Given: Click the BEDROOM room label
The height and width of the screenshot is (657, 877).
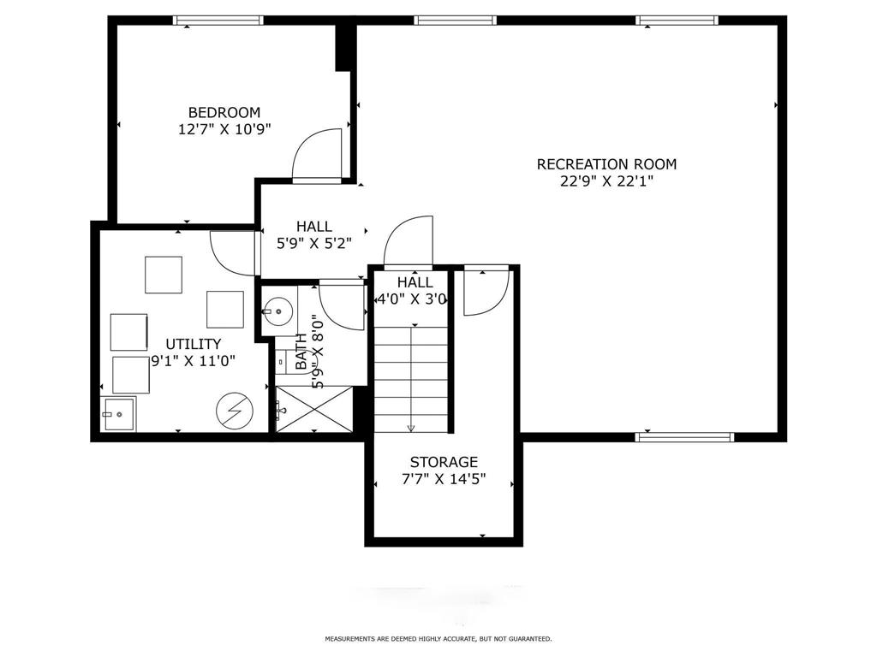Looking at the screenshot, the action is [224, 112].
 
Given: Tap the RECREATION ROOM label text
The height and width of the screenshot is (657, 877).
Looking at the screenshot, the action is [607, 164].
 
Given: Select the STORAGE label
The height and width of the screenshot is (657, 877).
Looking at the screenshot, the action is [444, 462].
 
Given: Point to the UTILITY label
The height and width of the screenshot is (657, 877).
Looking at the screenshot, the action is [194, 344].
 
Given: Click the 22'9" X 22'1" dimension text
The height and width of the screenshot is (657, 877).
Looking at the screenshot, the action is [607, 181].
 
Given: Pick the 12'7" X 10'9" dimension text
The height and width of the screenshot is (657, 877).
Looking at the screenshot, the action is [224, 130].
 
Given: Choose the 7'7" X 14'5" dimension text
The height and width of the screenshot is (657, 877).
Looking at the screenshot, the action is [444, 479].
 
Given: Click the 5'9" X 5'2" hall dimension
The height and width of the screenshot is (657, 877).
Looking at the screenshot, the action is [314, 244].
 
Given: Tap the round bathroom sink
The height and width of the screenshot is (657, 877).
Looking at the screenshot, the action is [278, 311].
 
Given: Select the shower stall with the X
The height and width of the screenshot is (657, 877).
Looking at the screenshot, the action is [315, 409].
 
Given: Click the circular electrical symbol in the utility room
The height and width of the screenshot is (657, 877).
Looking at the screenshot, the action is [235, 411].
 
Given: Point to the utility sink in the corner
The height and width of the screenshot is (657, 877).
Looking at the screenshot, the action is [118, 414].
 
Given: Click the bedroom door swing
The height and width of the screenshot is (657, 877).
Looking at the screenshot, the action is [317, 156].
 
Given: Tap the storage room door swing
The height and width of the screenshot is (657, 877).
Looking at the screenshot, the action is [486, 291].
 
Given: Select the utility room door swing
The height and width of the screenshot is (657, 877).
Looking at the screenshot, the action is [233, 253].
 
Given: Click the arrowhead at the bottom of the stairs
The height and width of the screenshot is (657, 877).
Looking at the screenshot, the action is [411, 429].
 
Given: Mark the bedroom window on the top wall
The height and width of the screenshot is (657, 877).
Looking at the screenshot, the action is [218, 21].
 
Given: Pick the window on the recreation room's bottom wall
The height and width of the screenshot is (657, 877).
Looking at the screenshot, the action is [684, 436].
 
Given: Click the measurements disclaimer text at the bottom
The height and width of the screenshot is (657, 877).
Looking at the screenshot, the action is [438, 638].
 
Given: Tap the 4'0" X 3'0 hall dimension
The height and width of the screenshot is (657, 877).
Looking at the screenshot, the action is [413, 299].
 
